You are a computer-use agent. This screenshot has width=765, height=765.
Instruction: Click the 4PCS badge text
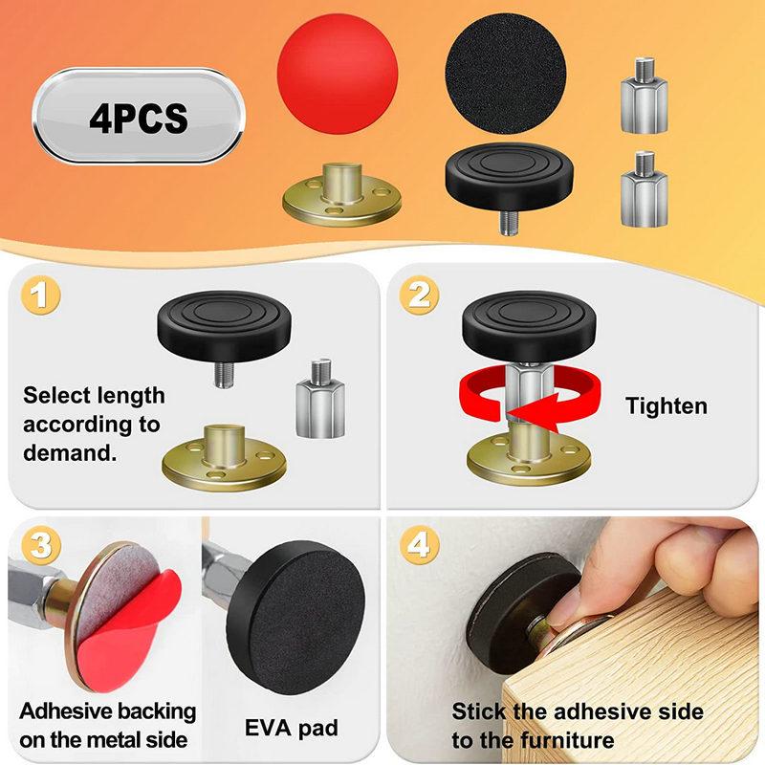[138, 119]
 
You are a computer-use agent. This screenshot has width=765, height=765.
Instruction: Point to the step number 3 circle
[36, 546]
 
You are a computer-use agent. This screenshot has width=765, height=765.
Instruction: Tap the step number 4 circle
[419, 546]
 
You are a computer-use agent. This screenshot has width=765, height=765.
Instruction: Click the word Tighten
[667, 405]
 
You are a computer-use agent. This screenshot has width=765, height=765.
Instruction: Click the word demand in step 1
[70, 452]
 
